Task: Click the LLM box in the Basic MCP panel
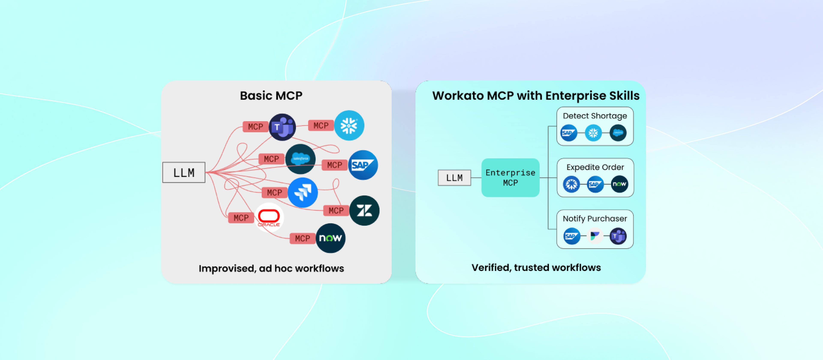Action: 184,172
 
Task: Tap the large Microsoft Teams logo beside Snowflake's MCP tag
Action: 282,127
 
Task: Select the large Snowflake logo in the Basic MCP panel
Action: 349,126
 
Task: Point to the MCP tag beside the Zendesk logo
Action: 336,210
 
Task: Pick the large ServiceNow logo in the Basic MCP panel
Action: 330,238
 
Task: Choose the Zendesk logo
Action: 364,210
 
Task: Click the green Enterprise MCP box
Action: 510,178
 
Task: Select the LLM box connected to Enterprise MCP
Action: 454,178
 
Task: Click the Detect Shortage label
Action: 595,116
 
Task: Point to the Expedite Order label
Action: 595,167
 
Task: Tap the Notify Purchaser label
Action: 595,219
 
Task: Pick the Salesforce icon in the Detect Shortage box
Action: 618,133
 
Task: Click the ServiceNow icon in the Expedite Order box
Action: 619,184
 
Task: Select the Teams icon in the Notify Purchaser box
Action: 618,236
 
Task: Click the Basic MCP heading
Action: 271,96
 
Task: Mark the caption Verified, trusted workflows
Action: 536,267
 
